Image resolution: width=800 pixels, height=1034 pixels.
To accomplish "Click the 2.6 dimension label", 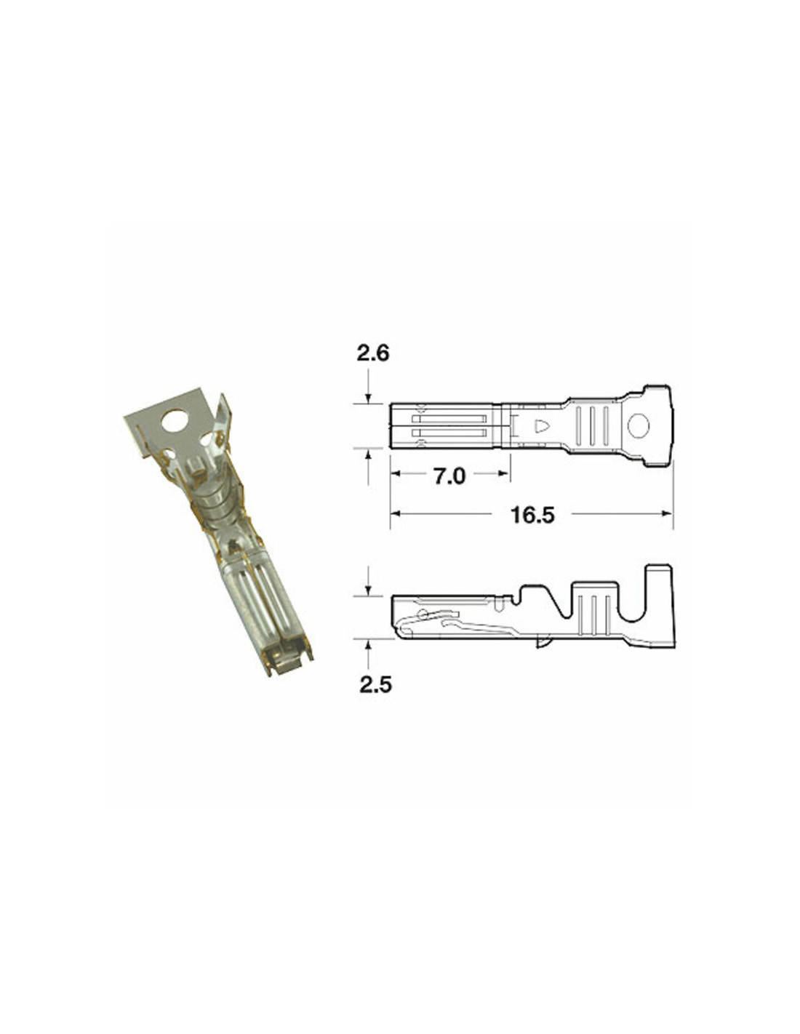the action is (373, 353).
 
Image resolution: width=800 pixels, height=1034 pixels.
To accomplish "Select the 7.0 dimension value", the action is (449, 476).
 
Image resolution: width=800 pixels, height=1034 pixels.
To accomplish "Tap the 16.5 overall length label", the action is (532, 515).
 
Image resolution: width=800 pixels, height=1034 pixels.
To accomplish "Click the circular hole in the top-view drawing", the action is (639, 425).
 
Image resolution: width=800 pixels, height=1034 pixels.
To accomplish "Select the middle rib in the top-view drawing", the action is (592, 426).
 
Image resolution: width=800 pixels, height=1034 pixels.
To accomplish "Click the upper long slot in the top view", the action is (449, 419).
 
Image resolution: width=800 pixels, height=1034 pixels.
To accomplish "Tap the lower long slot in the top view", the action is (449, 433).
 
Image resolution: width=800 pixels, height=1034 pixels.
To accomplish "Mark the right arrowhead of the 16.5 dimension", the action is (667, 513).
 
